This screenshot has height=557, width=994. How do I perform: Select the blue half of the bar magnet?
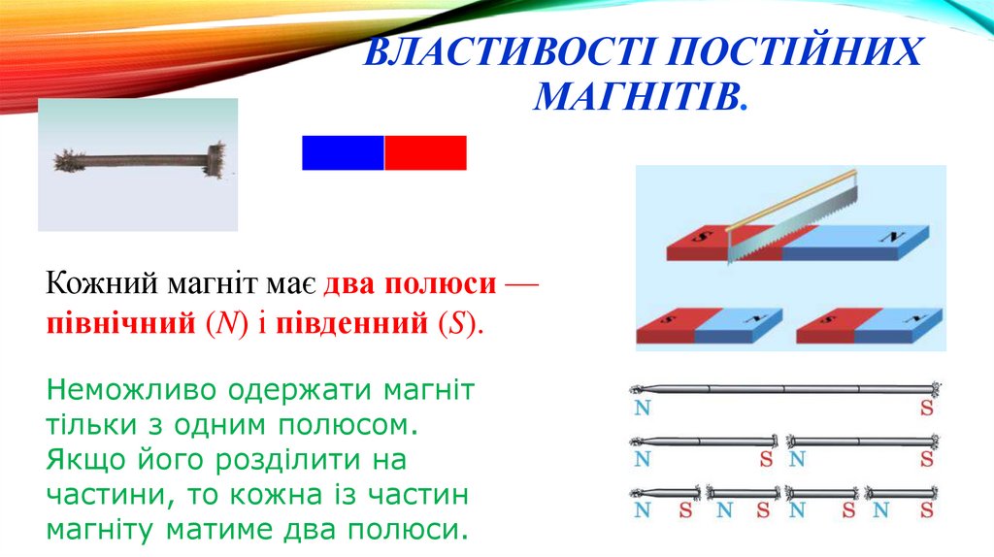pyautogui.click(x=343, y=153)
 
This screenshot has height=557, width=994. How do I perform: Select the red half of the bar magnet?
pyautogui.click(x=426, y=153)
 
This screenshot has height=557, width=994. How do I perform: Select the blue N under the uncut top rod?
pyautogui.click(x=642, y=408)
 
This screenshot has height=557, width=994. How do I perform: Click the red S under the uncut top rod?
pyautogui.click(x=927, y=408)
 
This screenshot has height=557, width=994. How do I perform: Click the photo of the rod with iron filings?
pyautogui.click(x=137, y=164)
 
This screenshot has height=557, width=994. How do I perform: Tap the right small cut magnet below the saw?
pyautogui.click(x=869, y=327)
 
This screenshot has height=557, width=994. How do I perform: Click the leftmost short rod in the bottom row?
pyautogui.click(x=665, y=491)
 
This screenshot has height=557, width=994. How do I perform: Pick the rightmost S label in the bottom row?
pyautogui.click(x=927, y=509)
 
